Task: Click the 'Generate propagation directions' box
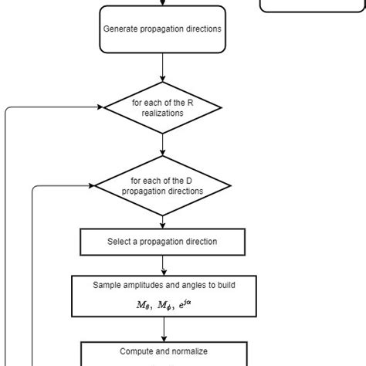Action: coord(162,29)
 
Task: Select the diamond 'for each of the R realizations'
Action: coord(162,107)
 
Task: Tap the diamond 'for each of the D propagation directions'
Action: coord(162,185)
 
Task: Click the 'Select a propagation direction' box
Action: coord(162,242)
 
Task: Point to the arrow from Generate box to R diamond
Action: coord(162,67)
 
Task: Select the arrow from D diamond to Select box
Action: coord(162,222)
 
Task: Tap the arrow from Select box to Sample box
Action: coord(163,265)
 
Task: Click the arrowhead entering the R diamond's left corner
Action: coord(99,107)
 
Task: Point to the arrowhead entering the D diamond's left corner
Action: coord(90,185)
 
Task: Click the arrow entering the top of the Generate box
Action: coord(162,3)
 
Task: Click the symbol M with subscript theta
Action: coord(144,304)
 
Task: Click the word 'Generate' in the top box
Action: coord(121,29)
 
